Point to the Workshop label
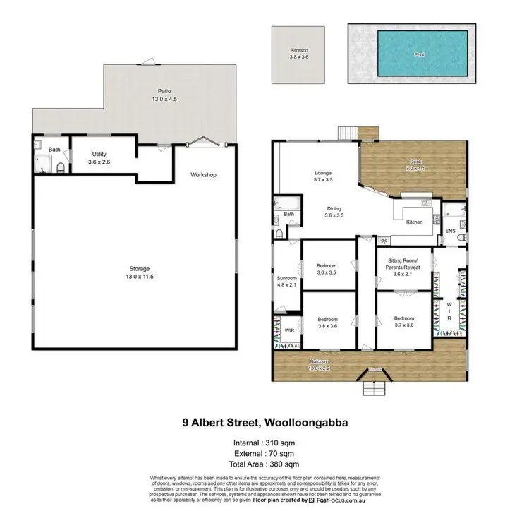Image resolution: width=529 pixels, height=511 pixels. coord(203,174)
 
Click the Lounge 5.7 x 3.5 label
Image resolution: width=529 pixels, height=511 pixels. coord(322,176)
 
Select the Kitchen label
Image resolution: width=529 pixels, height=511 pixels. coord(414,222)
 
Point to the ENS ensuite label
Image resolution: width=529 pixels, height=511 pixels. coord(451,231)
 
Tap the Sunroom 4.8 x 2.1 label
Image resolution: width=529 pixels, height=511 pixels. coord(286,281)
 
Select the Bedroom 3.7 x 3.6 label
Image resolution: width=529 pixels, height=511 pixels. coord(403,321)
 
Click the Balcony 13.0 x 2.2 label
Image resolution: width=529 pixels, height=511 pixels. coord(319,365)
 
